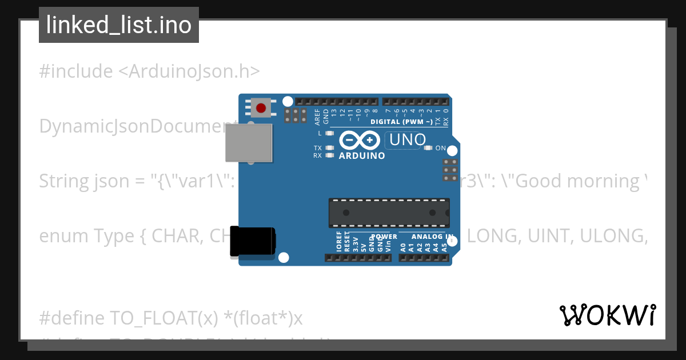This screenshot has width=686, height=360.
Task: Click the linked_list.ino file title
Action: pyautogui.click(x=119, y=25)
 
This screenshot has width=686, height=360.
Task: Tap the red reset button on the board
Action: pyautogui.click(x=261, y=108)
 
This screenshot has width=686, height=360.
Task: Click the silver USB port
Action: pyautogui.click(x=249, y=143)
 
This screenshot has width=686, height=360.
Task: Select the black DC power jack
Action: pyautogui.click(x=252, y=242)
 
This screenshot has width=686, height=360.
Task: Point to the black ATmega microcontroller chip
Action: pyautogui.click(x=389, y=213)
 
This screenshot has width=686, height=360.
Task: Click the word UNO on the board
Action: pyautogui.click(x=407, y=139)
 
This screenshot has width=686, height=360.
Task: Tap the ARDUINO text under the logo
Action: pyautogui.click(x=362, y=155)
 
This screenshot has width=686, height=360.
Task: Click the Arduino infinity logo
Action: pyautogui.click(x=360, y=140)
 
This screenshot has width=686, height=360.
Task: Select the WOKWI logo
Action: pyautogui.click(x=607, y=315)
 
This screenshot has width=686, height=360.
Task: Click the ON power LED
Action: pyautogui.click(x=428, y=148)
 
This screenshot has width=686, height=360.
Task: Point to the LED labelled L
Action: pyautogui.click(x=329, y=133)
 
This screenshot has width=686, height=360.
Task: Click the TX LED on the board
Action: pyautogui.click(x=329, y=148)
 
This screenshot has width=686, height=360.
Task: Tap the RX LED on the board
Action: pyautogui.click(x=329, y=155)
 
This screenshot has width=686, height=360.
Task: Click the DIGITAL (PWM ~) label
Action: pyautogui.click(x=401, y=122)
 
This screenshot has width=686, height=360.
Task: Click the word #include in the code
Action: pyautogui.click(x=76, y=71)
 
